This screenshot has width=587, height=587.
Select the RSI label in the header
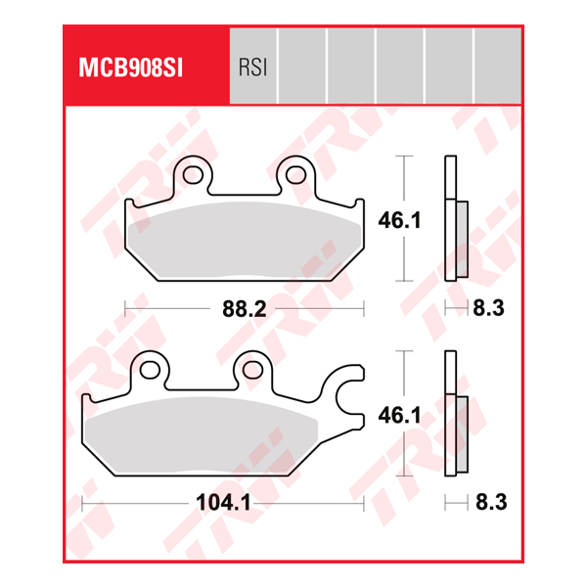pyautogui.click(x=252, y=68)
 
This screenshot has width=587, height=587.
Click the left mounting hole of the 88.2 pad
pyautogui.click(x=194, y=176)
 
